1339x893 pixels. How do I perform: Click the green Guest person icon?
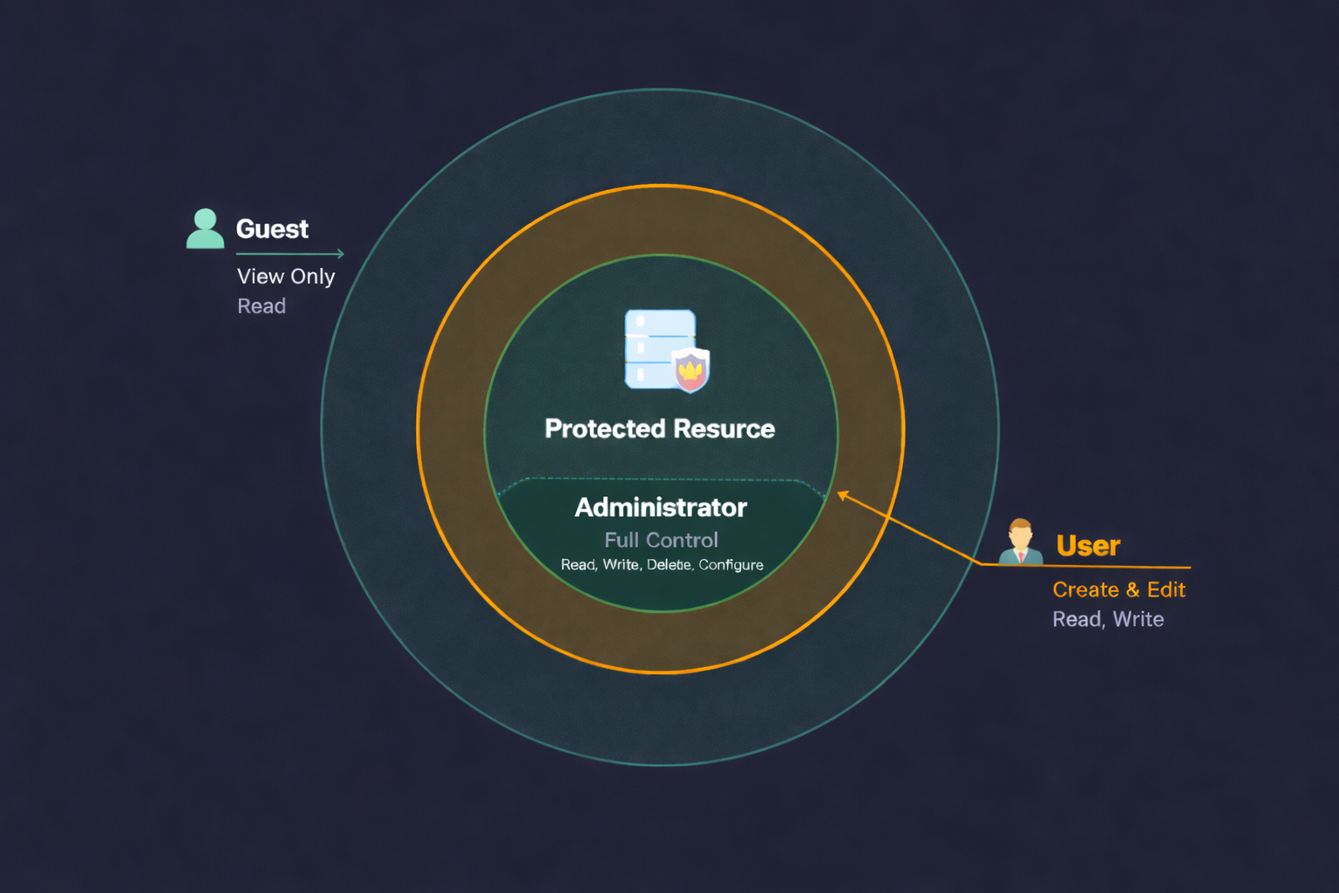[x=205, y=228]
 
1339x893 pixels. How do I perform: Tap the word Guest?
[x=272, y=229]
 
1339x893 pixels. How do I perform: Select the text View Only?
[x=286, y=276]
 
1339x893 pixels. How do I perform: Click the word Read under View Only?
[x=262, y=306]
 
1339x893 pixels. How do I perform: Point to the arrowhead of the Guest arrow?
[x=341, y=254]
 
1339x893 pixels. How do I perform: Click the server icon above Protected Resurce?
[x=659, y=348]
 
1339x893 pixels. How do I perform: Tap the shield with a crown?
[x=690, y=370]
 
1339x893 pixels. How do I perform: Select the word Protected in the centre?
[x=605, y=429]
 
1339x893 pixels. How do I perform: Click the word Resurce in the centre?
[x=724, y=429]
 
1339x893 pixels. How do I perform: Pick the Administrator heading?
[x=661, y=508]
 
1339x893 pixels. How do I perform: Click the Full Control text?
[x=661, y=541]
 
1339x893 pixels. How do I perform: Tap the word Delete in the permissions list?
[x=669, y=565]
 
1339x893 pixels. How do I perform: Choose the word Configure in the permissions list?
[x=731, y=565]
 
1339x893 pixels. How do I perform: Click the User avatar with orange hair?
[x=1020, y=542]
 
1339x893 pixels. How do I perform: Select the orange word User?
[x=1088, y=546]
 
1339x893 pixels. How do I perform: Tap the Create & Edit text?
[x=1118, y=590]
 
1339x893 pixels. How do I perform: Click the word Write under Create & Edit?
[x=1138, y=620]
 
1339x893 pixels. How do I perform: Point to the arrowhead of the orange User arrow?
[x=842, y=495]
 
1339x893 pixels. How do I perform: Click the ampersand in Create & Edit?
[x=1132, y=590]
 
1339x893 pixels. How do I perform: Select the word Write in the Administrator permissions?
[x=621, y=565]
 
